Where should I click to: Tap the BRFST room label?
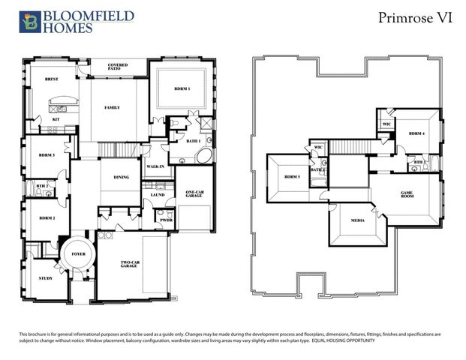[52, 79]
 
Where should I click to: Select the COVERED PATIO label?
[118, 68]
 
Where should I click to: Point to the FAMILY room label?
[112, 107]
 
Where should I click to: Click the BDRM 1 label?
[182, 88]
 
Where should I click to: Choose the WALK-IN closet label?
[155, 166]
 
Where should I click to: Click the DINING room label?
[121, 177]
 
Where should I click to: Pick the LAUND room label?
[158, 195]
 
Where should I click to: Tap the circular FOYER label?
[79, 254]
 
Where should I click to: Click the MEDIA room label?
[358, 220]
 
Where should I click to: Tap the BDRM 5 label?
[293, 178]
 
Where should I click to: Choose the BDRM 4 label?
[417, 133]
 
